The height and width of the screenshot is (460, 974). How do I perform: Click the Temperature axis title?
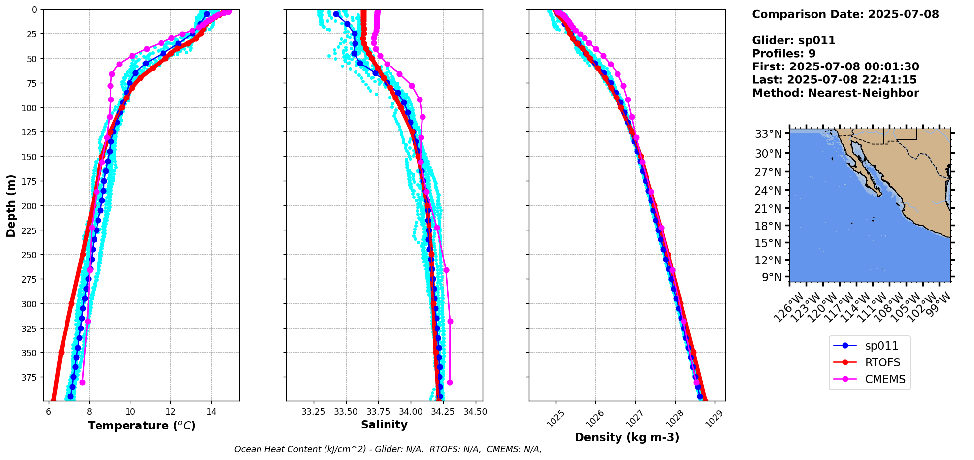[141, 426]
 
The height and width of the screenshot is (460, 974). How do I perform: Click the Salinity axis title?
[384, 425]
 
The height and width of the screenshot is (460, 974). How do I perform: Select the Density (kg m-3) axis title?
[627, 437]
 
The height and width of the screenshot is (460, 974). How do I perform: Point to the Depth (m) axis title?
[11, 205]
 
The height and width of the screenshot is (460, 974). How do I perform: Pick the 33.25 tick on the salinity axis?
[313, 412]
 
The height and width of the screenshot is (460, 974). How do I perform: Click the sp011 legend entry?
[881, 346]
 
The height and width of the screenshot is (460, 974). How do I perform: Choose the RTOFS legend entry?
[882, 362]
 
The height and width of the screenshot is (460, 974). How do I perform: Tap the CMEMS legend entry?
[885, 379]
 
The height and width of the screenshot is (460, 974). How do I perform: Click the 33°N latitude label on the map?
[769, 134]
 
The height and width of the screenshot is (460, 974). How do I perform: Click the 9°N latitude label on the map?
[772, 277]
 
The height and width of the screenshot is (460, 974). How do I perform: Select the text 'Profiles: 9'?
[783, 54]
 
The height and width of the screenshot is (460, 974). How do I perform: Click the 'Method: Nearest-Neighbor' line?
[835, 93]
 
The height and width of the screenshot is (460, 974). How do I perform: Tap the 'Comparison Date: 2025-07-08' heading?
[845, 14]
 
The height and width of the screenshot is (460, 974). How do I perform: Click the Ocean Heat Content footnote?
[388, 449]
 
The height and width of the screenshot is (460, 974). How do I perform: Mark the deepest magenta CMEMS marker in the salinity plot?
[450, 382]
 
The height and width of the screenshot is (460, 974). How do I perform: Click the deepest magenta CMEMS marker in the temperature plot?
[82, 382]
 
